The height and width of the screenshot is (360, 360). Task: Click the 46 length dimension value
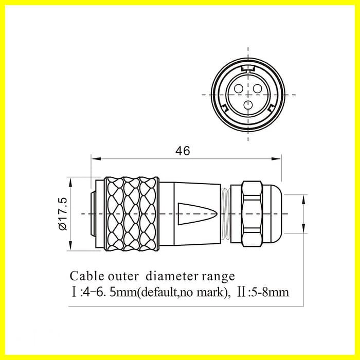pos(183,151)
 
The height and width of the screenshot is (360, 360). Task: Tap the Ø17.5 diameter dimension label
pos(63,214)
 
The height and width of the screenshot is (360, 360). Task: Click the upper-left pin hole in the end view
pos(239,88)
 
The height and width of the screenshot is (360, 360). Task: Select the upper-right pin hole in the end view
pos(257,88)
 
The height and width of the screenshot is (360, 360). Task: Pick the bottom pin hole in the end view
pos(248,105)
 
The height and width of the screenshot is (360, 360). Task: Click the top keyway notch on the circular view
pos(248,68)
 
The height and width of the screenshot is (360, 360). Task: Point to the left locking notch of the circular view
pos(224,107)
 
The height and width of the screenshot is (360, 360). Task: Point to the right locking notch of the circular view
pos(272,107)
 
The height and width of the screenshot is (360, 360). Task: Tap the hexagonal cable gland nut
pos(252,214)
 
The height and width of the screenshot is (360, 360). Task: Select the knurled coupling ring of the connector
pos(132,214)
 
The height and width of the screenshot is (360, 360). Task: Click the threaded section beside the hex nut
pos(226,214)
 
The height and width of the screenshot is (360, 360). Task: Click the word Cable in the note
pos(87,276)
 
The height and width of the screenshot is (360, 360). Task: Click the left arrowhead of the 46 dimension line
pos(97,158)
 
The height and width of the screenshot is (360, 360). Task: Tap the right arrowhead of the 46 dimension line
pos(276,158)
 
